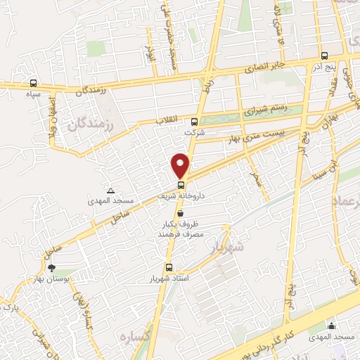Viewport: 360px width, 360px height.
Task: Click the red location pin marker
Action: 181,165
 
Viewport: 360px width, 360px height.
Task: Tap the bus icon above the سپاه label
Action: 34,83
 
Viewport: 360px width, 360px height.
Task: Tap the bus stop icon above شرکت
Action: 194,121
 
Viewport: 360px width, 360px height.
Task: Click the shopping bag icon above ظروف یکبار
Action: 181,212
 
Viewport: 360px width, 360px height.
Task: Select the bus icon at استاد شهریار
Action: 169,267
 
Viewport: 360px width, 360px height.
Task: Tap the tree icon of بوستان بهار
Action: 51,267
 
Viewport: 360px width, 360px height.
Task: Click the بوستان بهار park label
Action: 51,280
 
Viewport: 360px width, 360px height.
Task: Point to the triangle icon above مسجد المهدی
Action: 110,190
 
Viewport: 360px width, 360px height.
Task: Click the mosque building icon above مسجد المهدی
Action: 331,326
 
